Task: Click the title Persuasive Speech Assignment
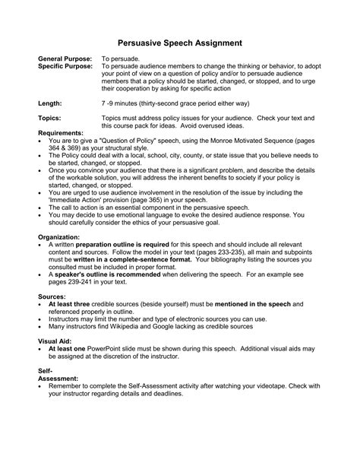coord(180,44)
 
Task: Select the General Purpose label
coord(65,59)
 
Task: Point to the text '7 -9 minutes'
coord(125,101)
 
